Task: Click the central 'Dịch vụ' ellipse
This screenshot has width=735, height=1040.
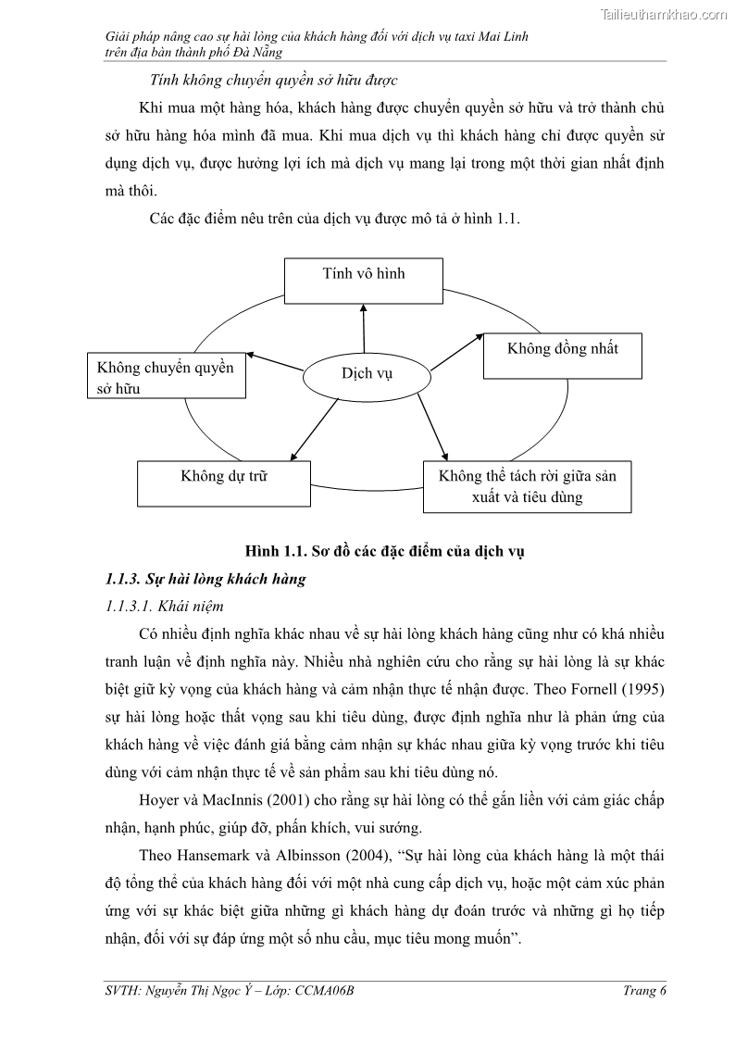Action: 367,373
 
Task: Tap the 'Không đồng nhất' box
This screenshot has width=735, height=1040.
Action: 562,356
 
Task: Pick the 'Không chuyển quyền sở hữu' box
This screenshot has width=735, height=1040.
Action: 166,375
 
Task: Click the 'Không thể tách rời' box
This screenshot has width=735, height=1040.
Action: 527,486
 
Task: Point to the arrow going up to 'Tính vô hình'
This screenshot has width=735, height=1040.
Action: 364,329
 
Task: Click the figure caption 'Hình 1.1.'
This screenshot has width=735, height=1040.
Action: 275,552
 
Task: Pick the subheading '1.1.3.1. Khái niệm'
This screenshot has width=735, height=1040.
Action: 165,607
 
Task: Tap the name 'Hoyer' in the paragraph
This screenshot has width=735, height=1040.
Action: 159,800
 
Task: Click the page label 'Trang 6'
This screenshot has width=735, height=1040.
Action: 644,991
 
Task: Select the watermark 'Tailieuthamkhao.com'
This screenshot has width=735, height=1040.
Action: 664,14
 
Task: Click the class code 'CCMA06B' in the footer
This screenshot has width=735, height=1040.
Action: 324,991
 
